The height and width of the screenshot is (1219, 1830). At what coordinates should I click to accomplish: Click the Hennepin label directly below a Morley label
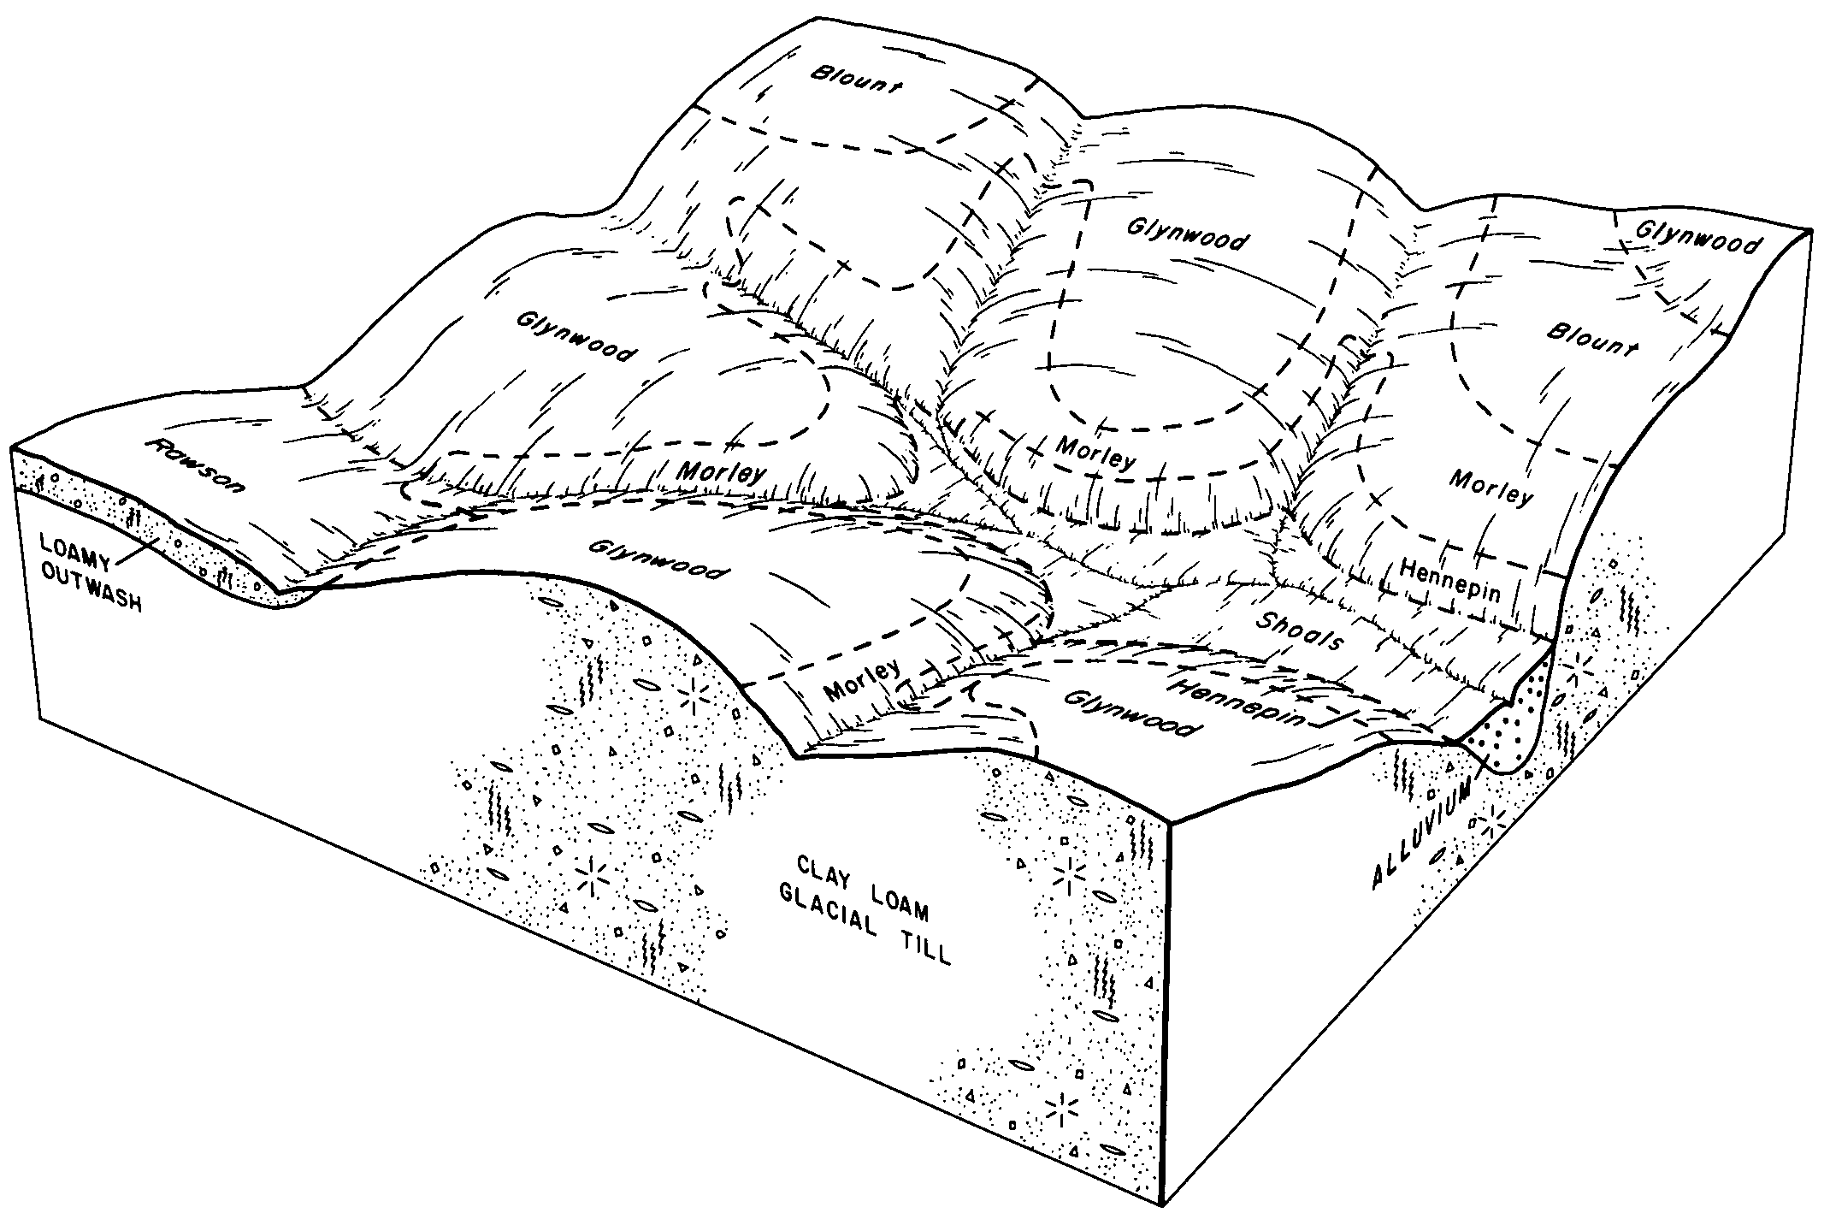[x=1450, y=579]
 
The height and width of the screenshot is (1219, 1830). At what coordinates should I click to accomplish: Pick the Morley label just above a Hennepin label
[x=1490, y=488]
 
